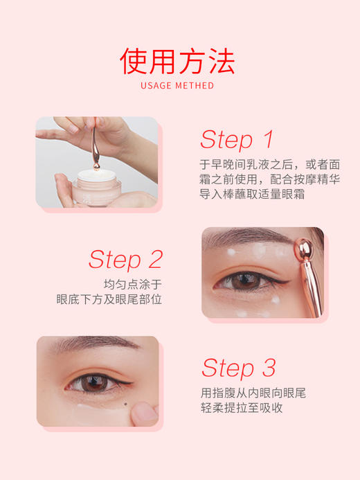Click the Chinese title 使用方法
179,61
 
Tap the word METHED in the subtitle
196,87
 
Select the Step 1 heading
237,139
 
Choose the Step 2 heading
125,259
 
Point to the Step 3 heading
238,367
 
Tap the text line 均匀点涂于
133,285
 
